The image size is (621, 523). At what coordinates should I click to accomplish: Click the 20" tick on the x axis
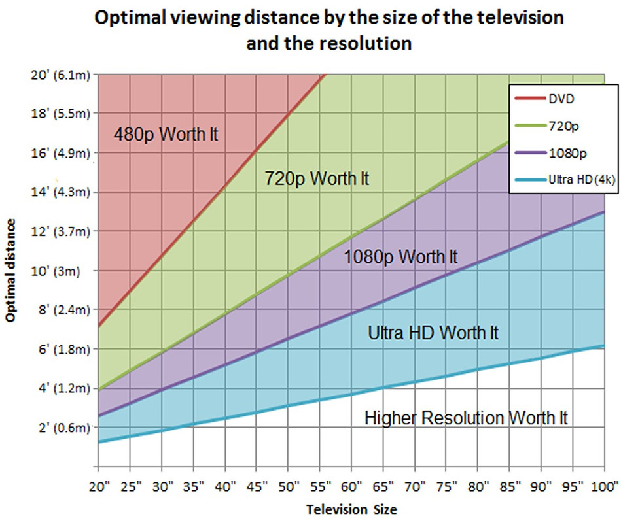coord(98,486)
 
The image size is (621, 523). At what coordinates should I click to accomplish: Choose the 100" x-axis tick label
coord(603,486)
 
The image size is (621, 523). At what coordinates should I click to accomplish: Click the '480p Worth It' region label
coord(166,135)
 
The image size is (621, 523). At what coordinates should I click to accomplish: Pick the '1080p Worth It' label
coord(401,257)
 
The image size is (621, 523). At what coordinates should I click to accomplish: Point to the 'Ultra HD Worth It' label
coord(433,333)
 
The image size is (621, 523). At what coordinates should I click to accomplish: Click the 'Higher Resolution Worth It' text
coord(466,417)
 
